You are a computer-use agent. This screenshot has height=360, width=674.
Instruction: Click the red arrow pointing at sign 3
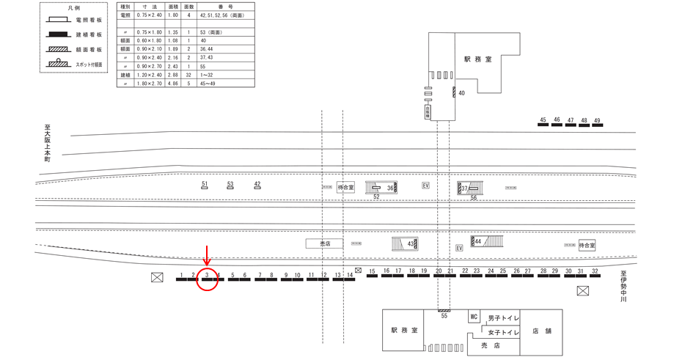point(208,256)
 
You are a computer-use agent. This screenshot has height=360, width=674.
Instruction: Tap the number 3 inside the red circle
point(208,276)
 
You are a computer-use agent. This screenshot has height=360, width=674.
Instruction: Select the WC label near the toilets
point(474,317)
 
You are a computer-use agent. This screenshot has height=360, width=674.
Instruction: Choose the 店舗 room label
point(542,331)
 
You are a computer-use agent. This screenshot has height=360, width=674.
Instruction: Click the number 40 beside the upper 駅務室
point(461,94)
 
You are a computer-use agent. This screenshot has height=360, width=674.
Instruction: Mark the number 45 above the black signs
point(543,120)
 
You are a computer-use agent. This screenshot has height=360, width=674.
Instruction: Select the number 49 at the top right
point(597,120)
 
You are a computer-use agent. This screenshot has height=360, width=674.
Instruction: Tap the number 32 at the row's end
point(595,271)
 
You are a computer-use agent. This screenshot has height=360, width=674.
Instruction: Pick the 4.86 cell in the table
point(173,84)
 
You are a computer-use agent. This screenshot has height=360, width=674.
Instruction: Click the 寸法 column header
point(148,7)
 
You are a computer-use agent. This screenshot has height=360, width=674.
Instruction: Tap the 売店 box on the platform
point(324,243)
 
